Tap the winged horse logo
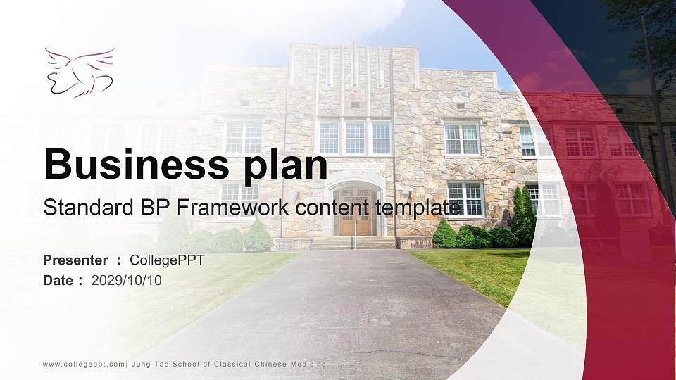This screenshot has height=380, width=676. (x=79, y=72)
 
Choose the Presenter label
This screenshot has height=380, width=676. (x=75, y=260)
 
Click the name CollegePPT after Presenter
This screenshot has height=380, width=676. (x=167, y=260)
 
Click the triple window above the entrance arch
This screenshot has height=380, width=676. (x=354, y=137)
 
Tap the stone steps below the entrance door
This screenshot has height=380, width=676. (x=353, y=243)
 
